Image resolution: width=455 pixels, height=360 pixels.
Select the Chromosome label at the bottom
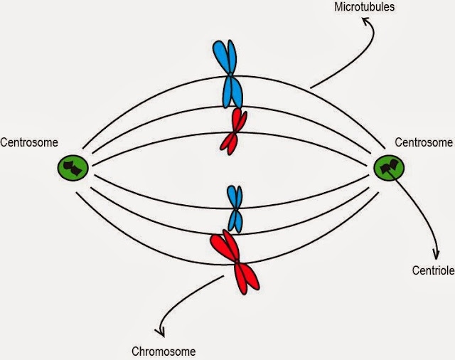coord(164,351)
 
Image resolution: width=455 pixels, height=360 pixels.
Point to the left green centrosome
coord(73,168)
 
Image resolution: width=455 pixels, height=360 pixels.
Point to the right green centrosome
coord(390,168)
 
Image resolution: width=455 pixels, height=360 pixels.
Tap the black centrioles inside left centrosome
coord(73,169)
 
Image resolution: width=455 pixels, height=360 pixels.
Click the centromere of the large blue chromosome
coord(230,75)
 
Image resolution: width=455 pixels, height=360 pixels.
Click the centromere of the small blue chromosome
coord(235,208)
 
